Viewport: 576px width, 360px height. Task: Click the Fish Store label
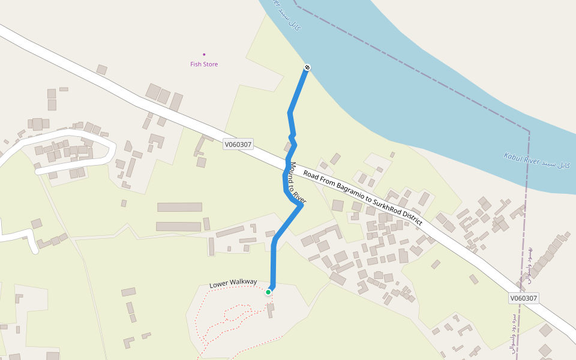tap(204, 64)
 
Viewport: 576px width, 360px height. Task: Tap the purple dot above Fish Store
tap(204, 54)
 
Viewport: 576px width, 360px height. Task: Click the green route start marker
tap(268, 292)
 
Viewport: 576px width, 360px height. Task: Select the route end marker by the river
tap(307, 67)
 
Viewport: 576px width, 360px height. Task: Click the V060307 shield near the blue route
tap(238, 144)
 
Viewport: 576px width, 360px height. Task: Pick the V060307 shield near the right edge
tap(524, 298)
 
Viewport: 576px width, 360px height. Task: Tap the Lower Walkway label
tap(233, 283)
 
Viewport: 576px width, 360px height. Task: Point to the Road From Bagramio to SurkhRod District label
tap(362, 197)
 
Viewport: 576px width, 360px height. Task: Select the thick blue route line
tap(274, 258)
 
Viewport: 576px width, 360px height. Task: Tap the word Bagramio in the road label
tap(339, 185)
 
